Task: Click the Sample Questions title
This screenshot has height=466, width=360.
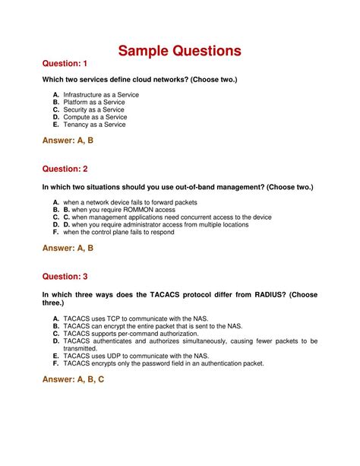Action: click(x=179, y=52)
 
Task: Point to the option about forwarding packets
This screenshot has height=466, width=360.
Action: click(x=129, y=202)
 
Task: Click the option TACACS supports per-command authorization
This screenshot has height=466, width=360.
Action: click(x=131, y=333)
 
